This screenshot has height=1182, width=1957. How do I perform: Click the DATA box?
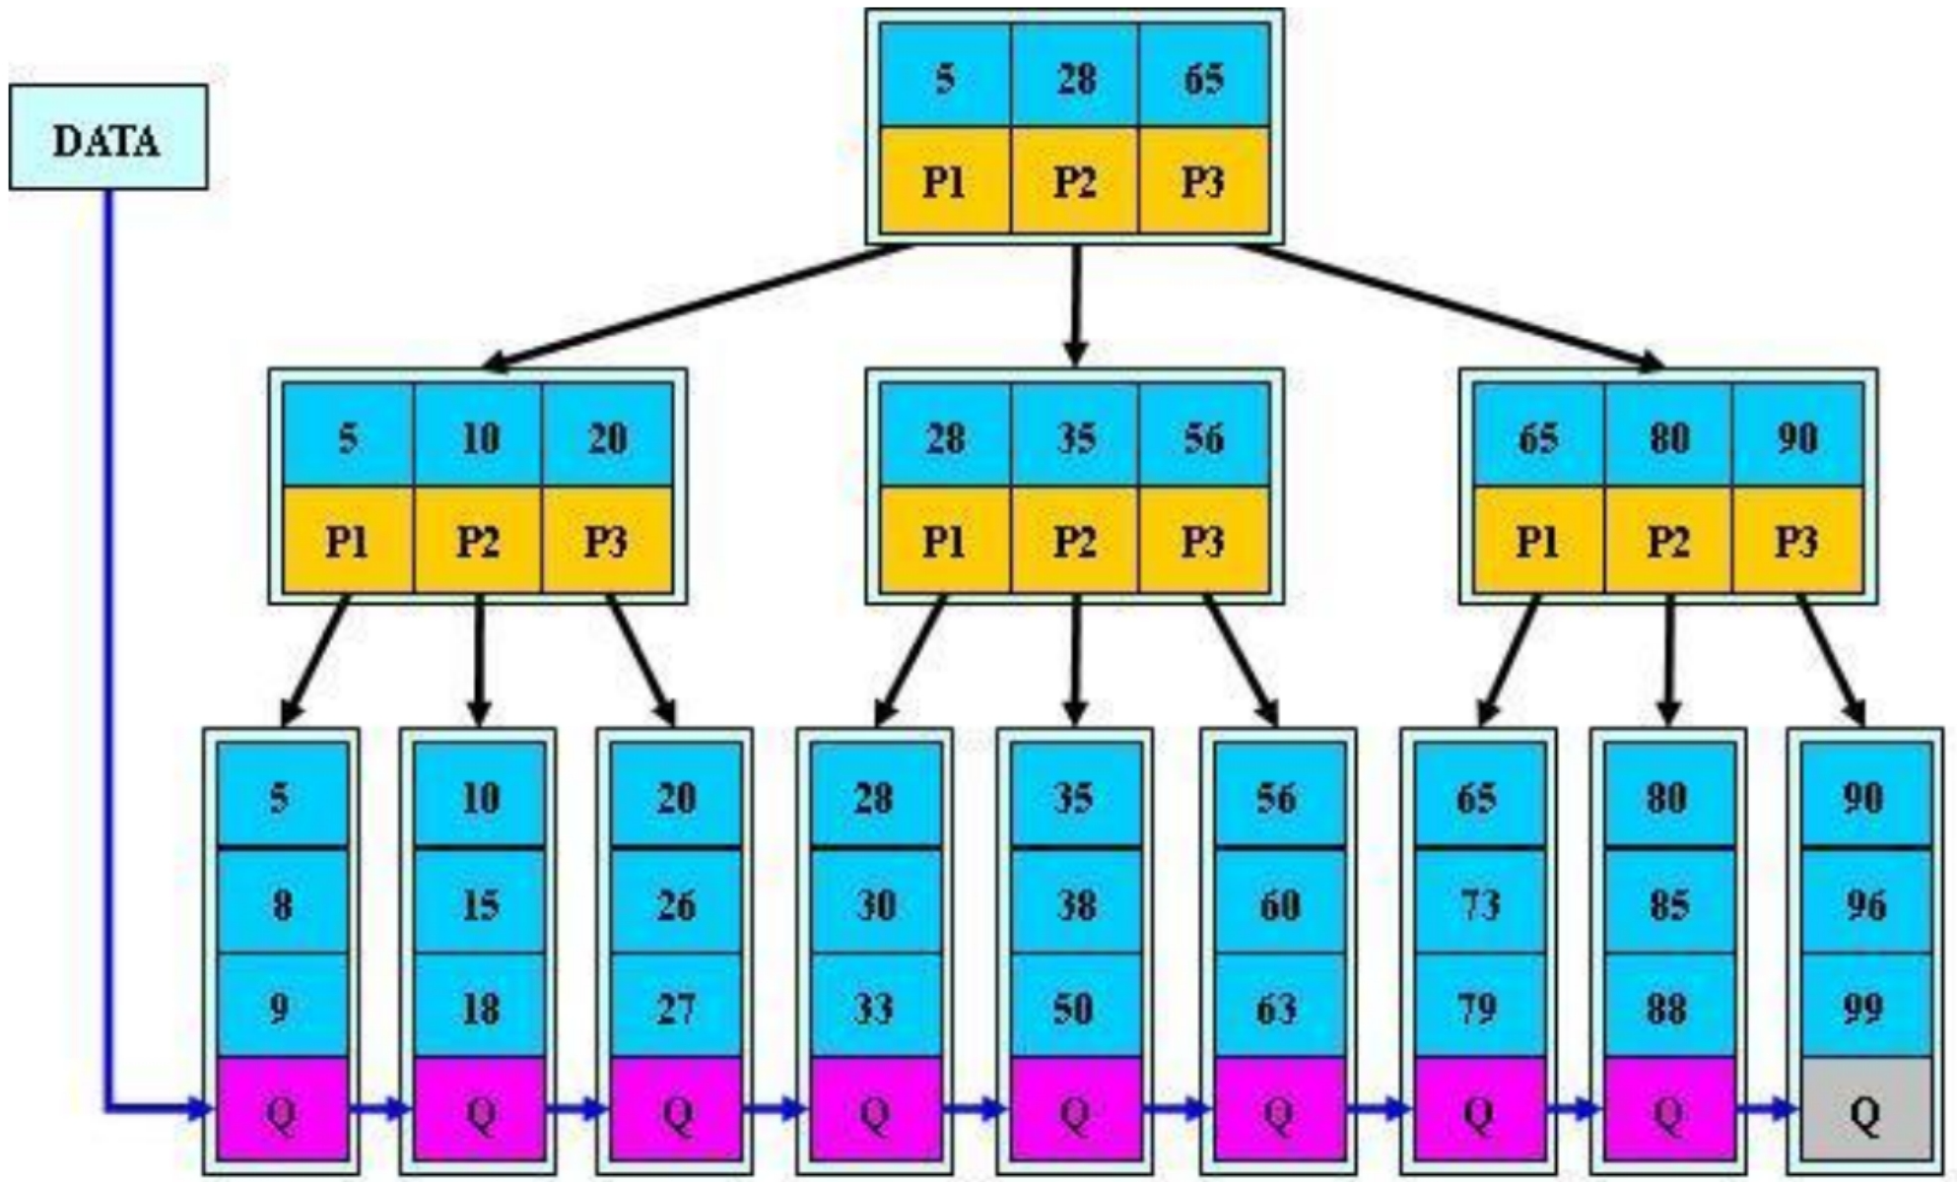(x=108, y=137)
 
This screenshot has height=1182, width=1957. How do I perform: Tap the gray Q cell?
(x=1864, y=1109)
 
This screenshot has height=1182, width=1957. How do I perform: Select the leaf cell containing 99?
(x=1864, y=1006)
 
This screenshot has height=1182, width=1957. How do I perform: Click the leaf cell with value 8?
(x=282, y=900)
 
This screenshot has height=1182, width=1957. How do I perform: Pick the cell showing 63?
(x=1279, y=1006)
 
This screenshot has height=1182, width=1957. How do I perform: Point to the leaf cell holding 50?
(x=1076, y=1006)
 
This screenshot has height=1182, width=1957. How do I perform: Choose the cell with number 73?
(x=1478, y=900)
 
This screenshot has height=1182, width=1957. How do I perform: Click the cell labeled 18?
(x=479, y=1006)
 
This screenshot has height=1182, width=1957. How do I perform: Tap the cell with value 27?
(x=676, y=1006)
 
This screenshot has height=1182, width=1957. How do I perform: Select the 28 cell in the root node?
(x=1075, y=76)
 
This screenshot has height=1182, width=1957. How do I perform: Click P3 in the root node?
(x=1204, y=180)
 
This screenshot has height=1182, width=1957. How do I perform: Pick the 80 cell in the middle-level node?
(x=1668, y=435)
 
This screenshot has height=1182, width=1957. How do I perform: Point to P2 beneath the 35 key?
(x=1075, y=540)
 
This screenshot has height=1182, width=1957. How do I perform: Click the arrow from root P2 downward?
(x=1075, y=304)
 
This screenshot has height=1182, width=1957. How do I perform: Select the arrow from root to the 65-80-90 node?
(x=1450, y=307)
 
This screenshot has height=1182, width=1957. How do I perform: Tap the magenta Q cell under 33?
(x=875, y=1109)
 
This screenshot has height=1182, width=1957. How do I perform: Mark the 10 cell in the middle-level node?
(x=479, y=435)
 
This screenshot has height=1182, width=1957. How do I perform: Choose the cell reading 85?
(x=1668, y=900)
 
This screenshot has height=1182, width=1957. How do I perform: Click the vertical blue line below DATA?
(x=108, y=650)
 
